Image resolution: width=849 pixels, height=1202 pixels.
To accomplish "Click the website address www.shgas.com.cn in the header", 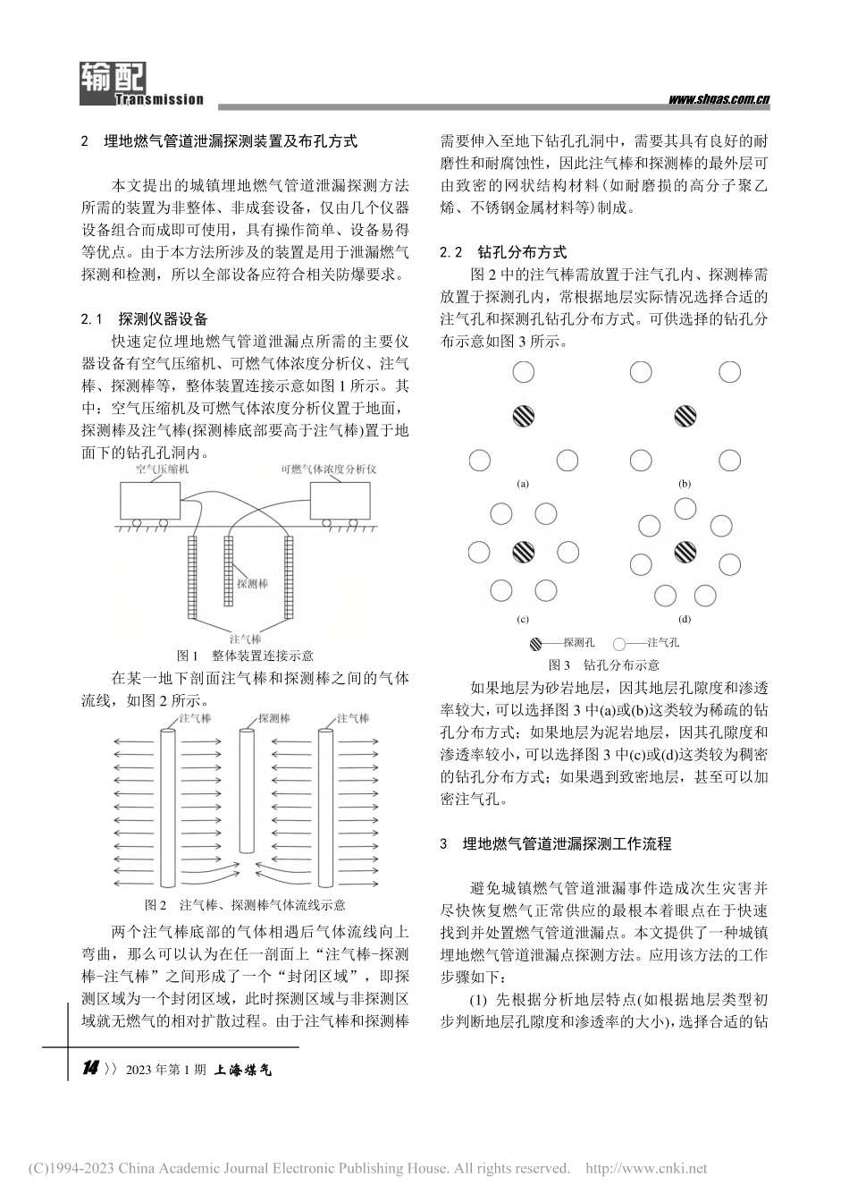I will tap(719, 100).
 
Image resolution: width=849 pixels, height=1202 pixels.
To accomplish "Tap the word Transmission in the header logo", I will tap(160, 100).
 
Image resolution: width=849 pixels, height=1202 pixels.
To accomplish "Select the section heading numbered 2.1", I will tap(145, 318).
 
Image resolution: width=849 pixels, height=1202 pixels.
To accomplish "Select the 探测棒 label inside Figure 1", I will tap(252, 583).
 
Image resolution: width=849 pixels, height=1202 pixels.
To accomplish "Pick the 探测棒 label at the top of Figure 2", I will tap(274, 717).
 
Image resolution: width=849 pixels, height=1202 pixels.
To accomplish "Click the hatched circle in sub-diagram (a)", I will tap(524, 415).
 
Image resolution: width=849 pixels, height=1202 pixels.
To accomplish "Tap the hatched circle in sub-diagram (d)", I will tap(685, 552).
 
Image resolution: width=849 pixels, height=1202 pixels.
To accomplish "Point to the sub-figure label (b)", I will tap(685, 484).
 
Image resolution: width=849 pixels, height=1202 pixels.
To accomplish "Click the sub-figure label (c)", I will tap(523, 619).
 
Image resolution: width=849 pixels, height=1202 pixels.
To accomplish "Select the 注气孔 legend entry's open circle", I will tap(619, 643).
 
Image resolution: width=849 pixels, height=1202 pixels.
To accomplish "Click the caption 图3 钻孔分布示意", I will tap(603, 664).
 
